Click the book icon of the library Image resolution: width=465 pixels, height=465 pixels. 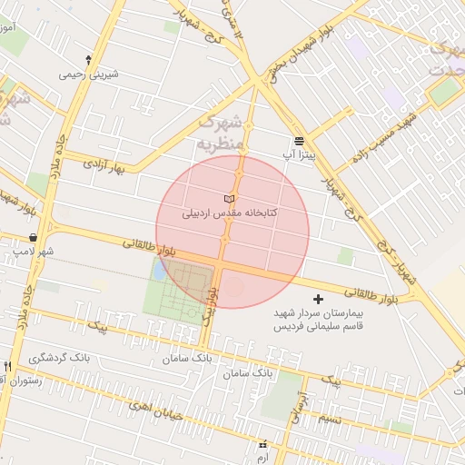tap(228, 198)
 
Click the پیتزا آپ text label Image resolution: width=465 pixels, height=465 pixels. tap(297, 156)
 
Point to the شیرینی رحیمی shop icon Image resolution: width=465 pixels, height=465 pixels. tap(88, 59)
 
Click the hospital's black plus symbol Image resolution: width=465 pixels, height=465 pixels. tap(317, 299)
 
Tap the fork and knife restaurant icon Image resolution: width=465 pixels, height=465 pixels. tap(8, 365)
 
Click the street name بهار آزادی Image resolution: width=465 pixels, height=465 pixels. tap(103, 165)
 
